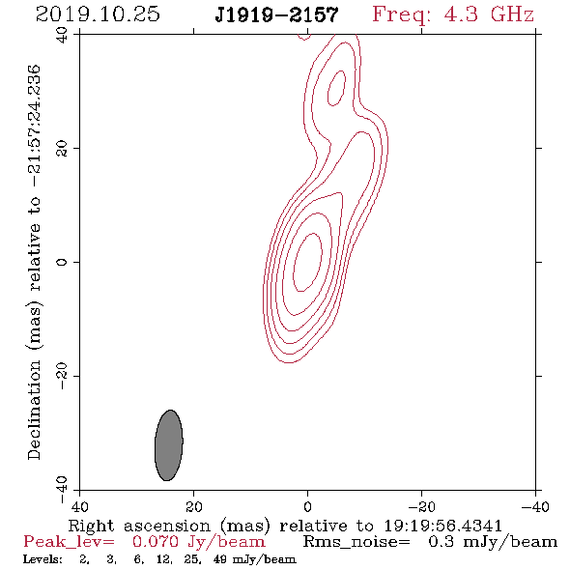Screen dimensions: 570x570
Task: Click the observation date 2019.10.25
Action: click(98, 14)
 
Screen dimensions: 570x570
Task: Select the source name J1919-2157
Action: click(276, 14)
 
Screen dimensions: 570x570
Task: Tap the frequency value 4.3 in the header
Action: click(461, 14)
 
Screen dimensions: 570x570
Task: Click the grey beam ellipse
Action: click(169, 445)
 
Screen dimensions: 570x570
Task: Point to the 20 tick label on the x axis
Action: click(193, 506)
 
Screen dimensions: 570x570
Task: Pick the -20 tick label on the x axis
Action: click(421, 506)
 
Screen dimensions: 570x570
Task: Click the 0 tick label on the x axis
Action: click(307, 506)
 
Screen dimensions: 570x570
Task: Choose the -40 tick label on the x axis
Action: click(535, 506)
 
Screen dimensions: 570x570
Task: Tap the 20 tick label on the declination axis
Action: click(62, 149)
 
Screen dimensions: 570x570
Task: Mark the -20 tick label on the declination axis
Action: click(62, 376)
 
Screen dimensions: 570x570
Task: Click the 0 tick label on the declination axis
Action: click(62, 262)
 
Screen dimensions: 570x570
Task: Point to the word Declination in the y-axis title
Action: click(34, 410)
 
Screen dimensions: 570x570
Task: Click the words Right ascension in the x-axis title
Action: click(139, 526)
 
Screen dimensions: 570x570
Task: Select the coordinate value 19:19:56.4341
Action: click(442, 526)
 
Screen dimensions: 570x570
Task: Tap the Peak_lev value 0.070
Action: click(156, 542)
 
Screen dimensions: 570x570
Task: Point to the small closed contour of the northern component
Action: click(344, 82)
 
